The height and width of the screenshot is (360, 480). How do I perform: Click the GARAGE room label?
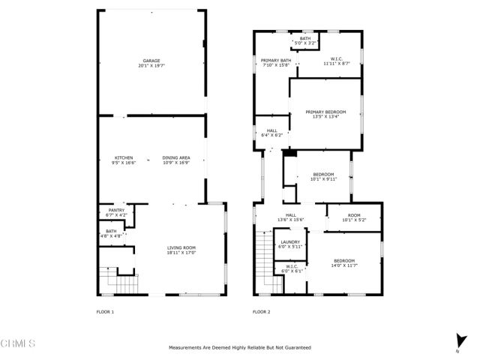151,61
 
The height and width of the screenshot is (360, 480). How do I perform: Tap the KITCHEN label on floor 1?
123,157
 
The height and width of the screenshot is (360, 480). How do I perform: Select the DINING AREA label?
176,157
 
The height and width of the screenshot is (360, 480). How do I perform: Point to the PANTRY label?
115,210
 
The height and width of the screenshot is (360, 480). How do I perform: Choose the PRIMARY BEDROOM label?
325,112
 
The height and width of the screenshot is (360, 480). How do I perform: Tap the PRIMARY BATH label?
275,61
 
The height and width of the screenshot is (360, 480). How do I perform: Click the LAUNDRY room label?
290,241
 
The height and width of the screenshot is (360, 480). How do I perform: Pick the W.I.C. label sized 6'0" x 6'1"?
291,265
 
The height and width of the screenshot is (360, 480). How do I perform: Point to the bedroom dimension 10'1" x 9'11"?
323,179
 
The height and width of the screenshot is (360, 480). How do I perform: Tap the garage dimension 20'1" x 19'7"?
151,66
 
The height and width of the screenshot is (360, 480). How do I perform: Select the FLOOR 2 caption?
261,311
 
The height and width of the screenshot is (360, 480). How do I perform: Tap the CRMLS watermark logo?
19,344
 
